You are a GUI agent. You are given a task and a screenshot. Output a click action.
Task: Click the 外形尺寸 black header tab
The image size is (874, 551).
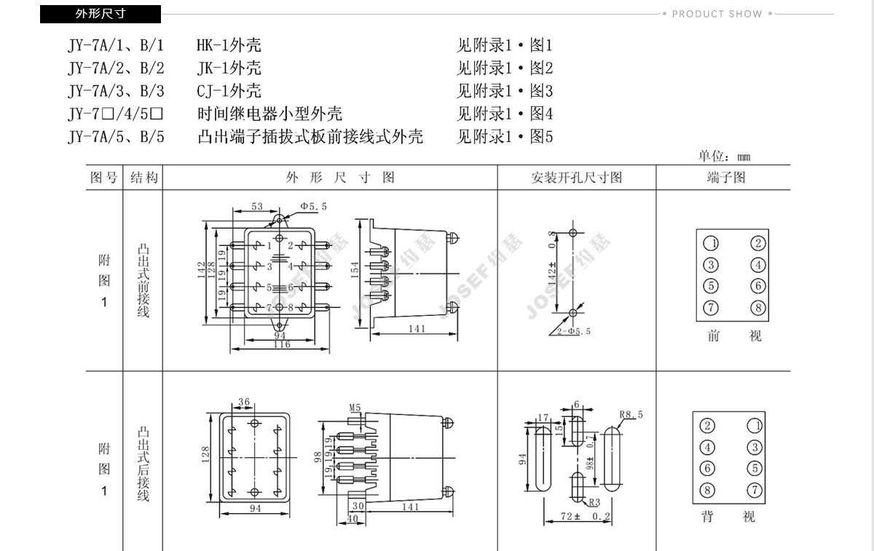point(101,14)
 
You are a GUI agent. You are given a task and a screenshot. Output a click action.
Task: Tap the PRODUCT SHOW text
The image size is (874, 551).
point(717,14)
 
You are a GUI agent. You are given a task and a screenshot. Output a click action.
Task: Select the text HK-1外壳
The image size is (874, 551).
point(229,45)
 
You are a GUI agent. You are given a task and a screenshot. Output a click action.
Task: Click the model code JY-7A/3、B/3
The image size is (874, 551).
point(117,91)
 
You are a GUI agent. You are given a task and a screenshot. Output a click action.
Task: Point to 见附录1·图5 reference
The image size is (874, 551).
point(505,136)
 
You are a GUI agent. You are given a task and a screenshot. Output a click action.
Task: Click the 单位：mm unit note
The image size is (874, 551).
point(725,156)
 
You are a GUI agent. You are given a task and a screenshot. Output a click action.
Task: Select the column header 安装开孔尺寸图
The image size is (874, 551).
point(577,178)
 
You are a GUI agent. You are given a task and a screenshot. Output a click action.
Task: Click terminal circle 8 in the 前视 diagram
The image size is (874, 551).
point(758,308)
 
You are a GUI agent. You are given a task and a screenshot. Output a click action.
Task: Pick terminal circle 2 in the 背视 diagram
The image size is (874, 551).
point(707,426)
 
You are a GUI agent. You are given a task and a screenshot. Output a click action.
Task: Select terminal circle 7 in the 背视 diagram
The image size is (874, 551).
point(755,489)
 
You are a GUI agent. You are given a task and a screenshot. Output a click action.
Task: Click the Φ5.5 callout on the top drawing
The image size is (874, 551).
point(313,207)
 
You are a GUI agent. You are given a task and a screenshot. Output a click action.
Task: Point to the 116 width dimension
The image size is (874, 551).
point(281,344)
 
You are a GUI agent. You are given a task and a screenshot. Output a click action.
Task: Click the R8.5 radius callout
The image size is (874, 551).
point(631,415)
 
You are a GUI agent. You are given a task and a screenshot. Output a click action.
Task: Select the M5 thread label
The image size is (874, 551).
point(355,407)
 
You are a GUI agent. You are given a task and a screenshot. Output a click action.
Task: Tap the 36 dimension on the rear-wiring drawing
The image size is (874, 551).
point(244,402)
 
